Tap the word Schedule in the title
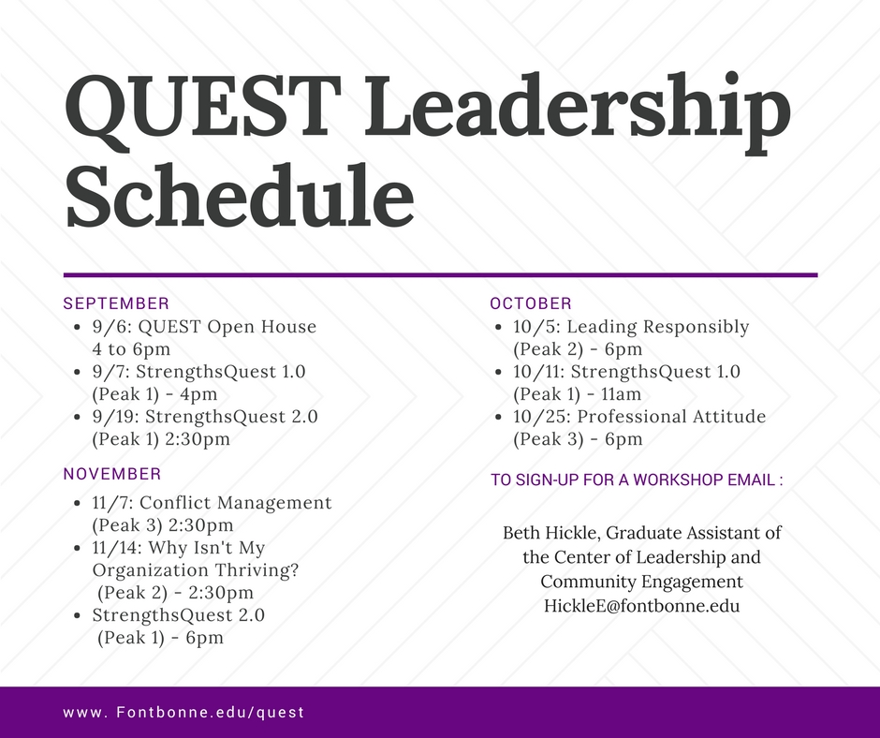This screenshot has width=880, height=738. [240, 196]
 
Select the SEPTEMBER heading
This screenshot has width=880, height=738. [116, 303]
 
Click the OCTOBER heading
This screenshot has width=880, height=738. [531, 303]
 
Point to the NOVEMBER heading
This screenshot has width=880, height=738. [112, 474]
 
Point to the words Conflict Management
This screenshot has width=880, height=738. [236, 503]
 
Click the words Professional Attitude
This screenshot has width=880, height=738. [672, 417]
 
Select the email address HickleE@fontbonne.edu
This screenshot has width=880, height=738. [641, 605]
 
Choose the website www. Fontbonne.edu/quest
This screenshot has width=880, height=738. [183, 713]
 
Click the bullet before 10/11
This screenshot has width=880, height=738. [498, 372]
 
